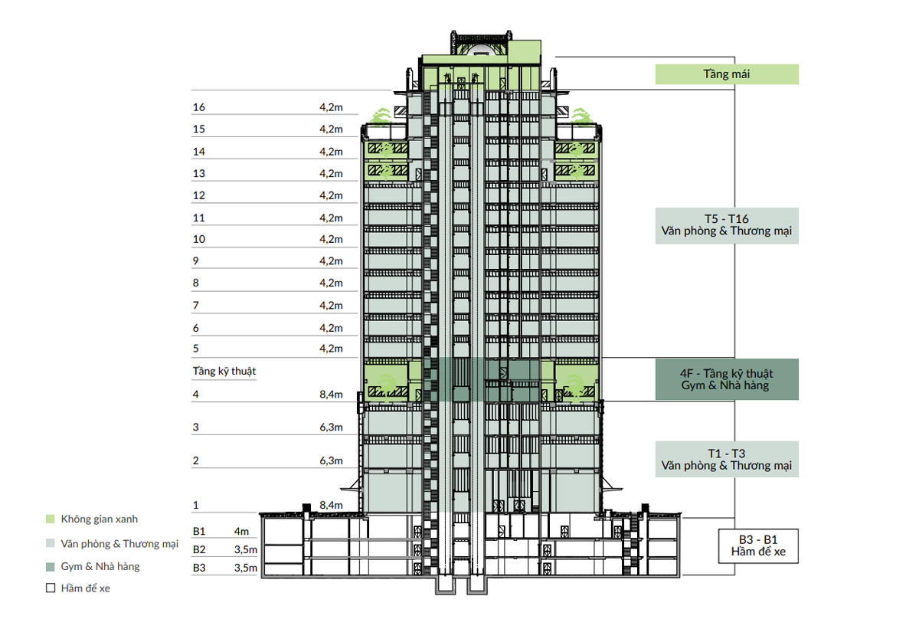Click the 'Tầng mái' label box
click(x=727, y=74)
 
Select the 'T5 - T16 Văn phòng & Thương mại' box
click(x=727, y=226)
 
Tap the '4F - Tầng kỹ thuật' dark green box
click(x=727, y=379)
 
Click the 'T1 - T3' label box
click(x=727, y=459)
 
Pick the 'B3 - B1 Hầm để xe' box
click(x=758, y=546)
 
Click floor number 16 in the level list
click(x=199, y=107)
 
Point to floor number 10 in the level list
click(x=199, y=239)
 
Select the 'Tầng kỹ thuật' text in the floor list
click(x=224, y=372)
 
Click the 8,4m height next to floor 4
click(x=331, y=395)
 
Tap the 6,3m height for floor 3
click(x=331, y=428)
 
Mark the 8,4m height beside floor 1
click(x=331, y=505)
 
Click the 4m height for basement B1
click(x=241, y=532)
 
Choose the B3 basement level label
click(x=199, y=568)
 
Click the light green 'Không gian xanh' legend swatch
click(x=51, y=519)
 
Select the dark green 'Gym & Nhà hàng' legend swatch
click(x=51, y=567)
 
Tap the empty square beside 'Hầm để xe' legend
click(x=51, y=588)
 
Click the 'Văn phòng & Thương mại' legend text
click(x=119, y=544)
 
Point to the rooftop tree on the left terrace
click(x=381, y=116)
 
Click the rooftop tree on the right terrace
click(x=581, y=116)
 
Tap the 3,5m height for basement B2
click(x=246, y=550)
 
